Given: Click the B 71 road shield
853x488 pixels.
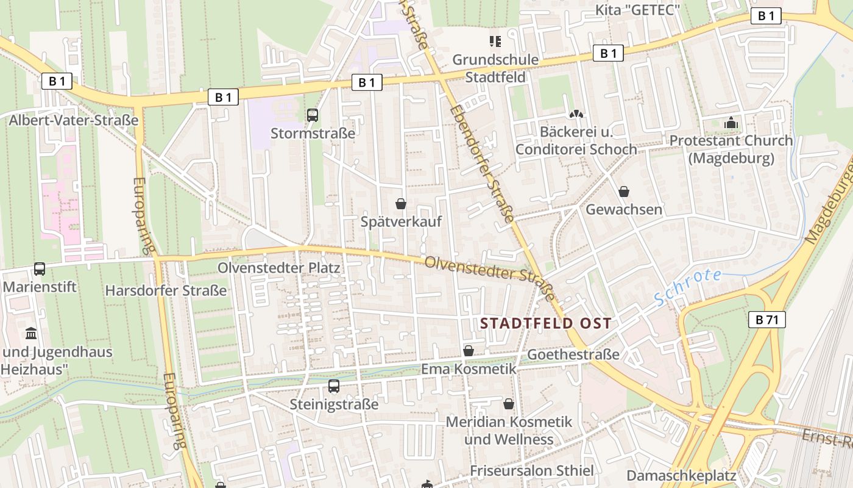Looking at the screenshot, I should point(766,319).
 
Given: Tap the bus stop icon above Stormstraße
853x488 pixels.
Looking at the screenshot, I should point(313,115).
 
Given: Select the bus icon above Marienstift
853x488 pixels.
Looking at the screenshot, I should point(40,268).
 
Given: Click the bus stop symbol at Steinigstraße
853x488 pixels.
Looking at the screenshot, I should point(334,386).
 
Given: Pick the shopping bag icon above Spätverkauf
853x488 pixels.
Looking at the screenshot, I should point(401,204).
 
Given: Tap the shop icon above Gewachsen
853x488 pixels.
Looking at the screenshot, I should point(624,192).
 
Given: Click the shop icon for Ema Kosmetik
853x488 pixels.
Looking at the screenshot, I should point(469,351).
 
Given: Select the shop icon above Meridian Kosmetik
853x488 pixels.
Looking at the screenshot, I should point(509,404).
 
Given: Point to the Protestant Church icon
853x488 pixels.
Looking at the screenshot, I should point(731,123).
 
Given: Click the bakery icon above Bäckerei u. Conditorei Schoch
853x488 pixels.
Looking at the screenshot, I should point(576,114).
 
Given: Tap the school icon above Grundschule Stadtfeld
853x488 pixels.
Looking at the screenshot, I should point(495,41).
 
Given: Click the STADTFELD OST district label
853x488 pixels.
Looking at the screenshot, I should point(545,323).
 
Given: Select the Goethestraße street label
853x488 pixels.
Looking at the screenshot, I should point(573,354).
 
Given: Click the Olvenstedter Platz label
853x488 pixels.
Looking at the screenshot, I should point(279,268).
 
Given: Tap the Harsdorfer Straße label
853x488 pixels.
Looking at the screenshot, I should point(166,290).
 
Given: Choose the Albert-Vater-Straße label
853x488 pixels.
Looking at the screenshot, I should point(74,120).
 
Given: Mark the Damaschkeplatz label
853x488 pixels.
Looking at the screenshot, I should point(682,475).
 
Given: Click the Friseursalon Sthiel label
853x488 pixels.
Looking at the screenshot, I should point(531,470).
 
